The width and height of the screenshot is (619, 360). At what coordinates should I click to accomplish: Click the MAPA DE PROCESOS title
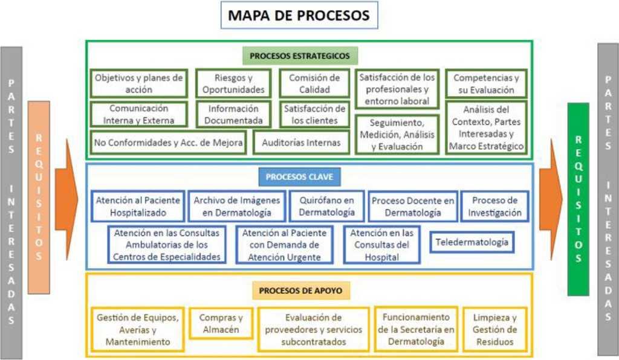[x=299, y=16]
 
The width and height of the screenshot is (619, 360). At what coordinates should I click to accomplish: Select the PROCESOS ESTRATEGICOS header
[x=300, y=56]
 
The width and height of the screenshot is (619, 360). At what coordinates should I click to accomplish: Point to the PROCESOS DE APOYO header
[x=300, y=291]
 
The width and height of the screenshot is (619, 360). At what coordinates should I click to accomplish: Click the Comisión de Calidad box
[x=314, y=83]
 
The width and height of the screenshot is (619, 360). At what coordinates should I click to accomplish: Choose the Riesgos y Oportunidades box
[x=233, y=83]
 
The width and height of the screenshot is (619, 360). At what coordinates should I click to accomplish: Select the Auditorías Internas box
[x=297, y=143]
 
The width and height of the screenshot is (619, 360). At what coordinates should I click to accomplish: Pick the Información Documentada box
[x=233, y=114]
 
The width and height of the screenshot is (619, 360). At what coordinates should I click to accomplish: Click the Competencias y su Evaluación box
[x=486, y=83]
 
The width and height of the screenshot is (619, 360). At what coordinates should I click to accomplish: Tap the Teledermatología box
[x=472, y=243]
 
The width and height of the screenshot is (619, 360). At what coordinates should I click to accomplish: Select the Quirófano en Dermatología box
[x=327, y=206]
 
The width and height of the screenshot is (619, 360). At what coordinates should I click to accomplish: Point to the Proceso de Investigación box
[x=495, y=206]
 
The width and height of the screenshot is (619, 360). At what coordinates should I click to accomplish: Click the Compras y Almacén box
[x=221, y=323]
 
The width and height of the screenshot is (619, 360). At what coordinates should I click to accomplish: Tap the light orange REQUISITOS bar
[x=39, y=197]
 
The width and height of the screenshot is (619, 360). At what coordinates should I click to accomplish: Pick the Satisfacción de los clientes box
[x=314, y=114]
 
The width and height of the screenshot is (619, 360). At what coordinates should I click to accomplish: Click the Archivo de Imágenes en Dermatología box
[x=236, y=206]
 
